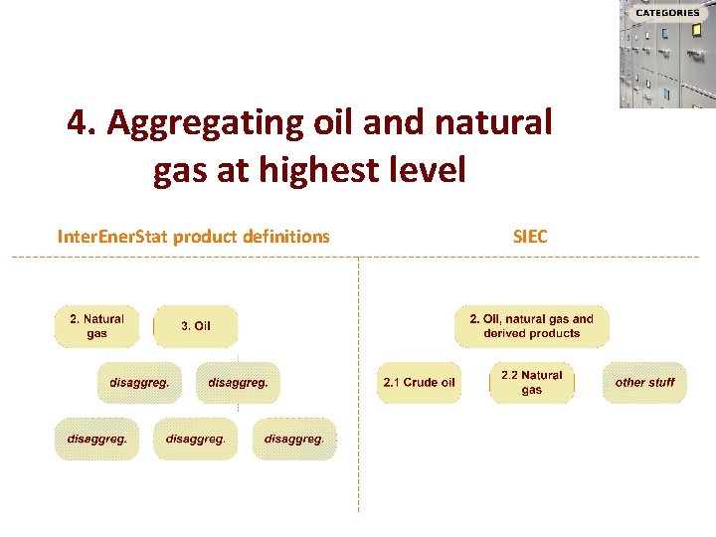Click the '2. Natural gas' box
[96, 326]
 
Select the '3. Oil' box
[196, 326]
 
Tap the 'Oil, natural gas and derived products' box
[531, 326]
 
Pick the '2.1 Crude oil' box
[419, 383]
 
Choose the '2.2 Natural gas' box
[531, 383]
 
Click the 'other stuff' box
[644, 383]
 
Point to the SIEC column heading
[529, 237]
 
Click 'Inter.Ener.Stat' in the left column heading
[112, 237]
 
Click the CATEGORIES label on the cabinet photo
[667, 13]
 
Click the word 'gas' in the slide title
[179, 171]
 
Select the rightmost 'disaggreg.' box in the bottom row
[294, 440]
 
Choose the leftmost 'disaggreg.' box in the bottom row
[96, 440]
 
